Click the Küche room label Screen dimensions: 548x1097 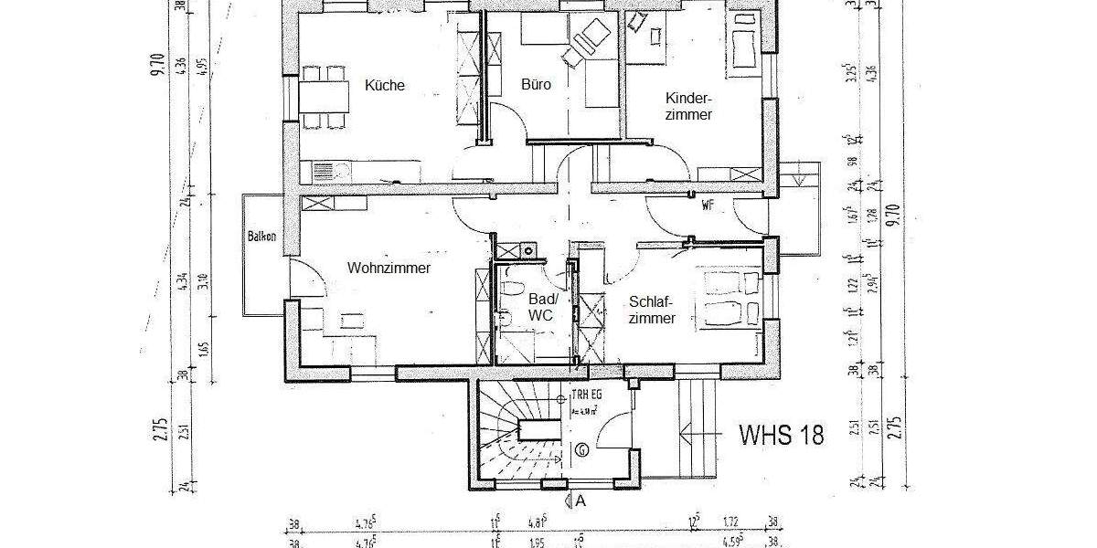(384, 86)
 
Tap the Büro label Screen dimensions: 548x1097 (536, 85)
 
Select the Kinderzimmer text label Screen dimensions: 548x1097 (689, 106)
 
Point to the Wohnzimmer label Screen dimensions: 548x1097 (389, 268)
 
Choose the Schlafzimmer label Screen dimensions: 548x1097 (652, 310)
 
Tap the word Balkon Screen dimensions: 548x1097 (261, 237)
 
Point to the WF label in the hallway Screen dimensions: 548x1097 (707, 205)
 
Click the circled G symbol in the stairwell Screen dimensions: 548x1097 (582, 449)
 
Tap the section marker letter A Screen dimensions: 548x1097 (579, 501)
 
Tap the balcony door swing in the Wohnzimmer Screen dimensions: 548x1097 (306, 276)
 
